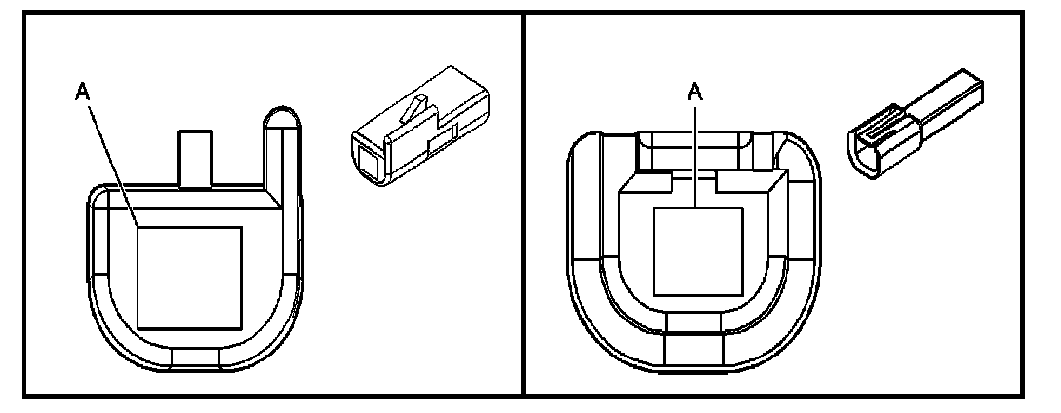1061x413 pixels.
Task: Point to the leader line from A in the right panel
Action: coord(695,156)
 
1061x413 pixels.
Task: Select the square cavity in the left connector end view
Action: coord(190,276)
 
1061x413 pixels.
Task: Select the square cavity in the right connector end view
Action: coord(697,251)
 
